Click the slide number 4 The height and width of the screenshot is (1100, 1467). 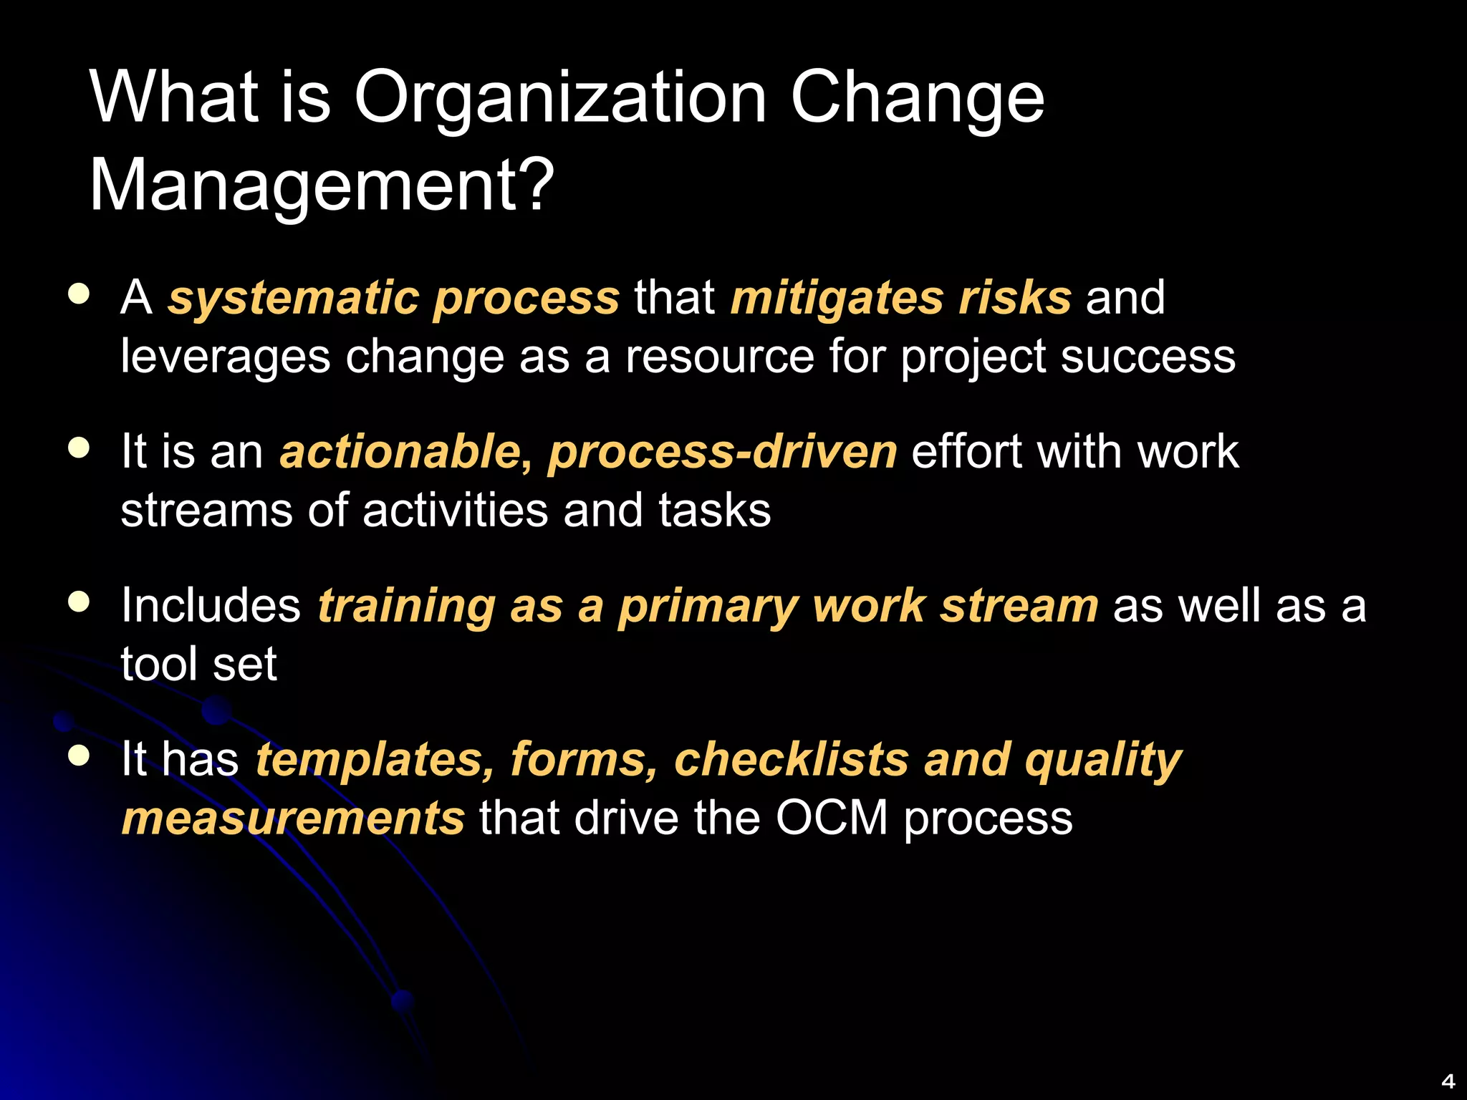point(1448,1081)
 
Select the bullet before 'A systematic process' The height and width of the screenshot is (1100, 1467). point(79,294)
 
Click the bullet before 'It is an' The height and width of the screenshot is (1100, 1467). point(79,448)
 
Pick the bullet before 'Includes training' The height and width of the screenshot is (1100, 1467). point(79,602)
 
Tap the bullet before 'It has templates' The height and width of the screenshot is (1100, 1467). point(79,756)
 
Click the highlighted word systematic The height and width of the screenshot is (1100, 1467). point(292,298)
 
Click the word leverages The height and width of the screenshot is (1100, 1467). point(225,357)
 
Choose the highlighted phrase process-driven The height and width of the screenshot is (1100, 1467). point(722,452)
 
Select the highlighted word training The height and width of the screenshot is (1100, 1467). point(406,607)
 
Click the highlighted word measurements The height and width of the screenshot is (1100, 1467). point(293,819)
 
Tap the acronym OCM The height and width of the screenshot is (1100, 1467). point(831,819)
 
